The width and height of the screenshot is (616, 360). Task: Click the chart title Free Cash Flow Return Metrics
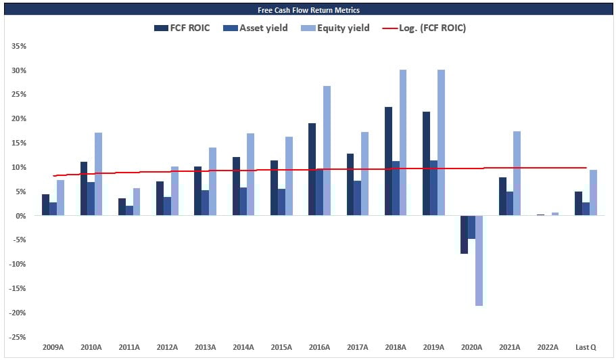click(308, 10)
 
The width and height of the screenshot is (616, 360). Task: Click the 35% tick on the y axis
click(19, 47)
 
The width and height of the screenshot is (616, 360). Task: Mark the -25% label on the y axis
click(18, 337)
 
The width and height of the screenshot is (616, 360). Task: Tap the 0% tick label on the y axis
click(21, 216)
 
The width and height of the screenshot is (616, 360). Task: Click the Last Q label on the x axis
click(586, 348)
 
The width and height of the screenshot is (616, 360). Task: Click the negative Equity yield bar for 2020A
click(479, 261)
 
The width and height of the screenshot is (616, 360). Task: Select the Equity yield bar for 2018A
click(403, 143)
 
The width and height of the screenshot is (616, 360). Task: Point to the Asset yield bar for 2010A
click(91, 199)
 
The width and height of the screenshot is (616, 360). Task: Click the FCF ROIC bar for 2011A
click(121, 207)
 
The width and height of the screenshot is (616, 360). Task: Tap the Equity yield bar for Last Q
click(593, 193)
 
